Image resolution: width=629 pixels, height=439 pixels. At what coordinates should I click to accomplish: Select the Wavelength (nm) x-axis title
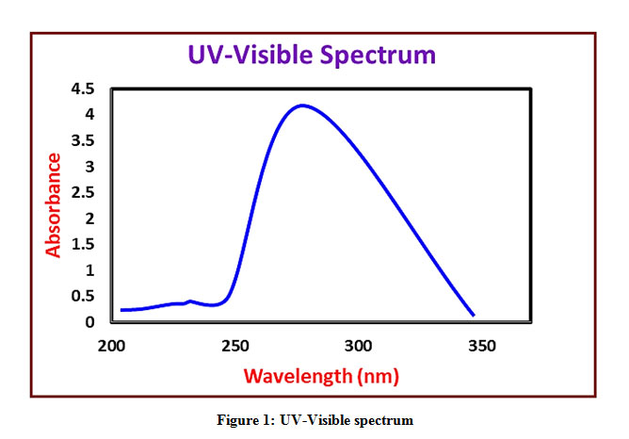coord(321,376)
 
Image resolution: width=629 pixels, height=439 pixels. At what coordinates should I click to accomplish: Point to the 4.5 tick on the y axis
coord(83,89)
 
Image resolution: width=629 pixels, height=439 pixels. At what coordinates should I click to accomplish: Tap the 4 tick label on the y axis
coord(90,115)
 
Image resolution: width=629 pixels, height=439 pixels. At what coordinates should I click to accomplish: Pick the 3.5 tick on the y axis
coord(83,141)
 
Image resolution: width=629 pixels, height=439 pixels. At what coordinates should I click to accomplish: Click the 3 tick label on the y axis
coord(90,167)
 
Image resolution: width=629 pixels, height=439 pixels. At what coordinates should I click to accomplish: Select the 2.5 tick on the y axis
coord(83,193)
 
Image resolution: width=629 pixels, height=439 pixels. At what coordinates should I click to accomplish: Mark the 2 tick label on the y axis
coord(90,219)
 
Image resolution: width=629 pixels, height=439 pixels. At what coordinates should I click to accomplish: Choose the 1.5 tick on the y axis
coord(83,245)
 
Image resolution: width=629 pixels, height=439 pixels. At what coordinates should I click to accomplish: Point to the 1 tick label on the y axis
coord(90,270)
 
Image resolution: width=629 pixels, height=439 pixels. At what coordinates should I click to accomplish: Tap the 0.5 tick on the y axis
coord(83,297)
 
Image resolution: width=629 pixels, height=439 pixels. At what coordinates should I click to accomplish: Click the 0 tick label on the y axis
coord(90,322)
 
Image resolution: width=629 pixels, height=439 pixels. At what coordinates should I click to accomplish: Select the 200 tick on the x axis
coord(112,346)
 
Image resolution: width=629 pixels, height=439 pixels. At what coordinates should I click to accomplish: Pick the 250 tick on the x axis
coord(235,346)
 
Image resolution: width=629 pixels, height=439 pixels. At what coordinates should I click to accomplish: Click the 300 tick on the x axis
coord(358,346)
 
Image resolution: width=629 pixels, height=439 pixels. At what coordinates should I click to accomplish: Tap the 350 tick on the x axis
coord(481,346)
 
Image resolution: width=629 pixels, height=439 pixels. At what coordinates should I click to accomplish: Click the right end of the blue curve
coord(474,316)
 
